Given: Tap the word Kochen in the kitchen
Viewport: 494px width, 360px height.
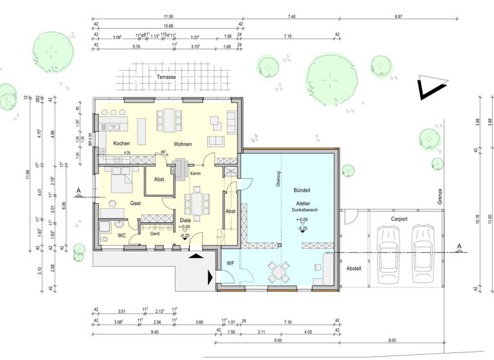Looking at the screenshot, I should tap(122, 143).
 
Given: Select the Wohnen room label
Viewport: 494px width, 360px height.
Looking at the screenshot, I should tap(183, 144).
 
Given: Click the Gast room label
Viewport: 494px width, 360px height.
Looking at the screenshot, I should tap(136, 203).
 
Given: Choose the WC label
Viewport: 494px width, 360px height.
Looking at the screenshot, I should tap(121, 235).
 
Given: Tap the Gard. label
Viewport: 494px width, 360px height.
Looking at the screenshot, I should tap(154, 234).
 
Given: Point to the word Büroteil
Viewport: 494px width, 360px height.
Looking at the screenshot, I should tap(302, 192).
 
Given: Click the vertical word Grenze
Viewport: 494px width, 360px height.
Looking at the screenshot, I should tap(441, 196).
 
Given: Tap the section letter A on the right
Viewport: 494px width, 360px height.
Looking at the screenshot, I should tap(459, 246).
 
